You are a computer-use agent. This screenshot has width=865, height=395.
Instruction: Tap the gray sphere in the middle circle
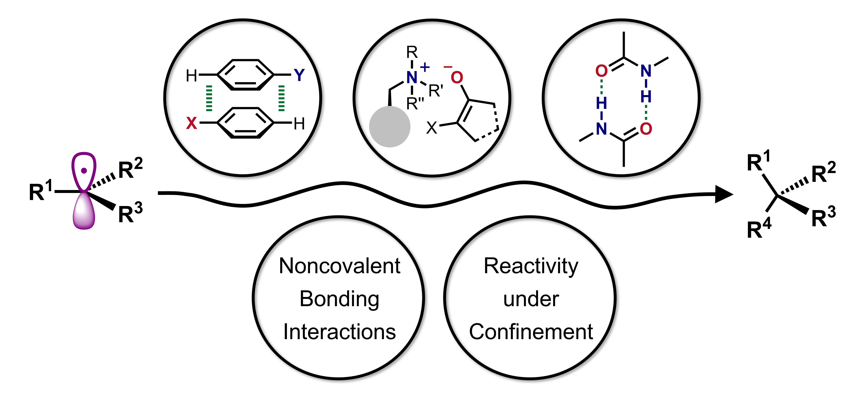point(390,127)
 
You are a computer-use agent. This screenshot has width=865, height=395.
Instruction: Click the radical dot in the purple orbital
point(84,171)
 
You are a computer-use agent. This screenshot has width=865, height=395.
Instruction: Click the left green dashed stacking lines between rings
point(209,98)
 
